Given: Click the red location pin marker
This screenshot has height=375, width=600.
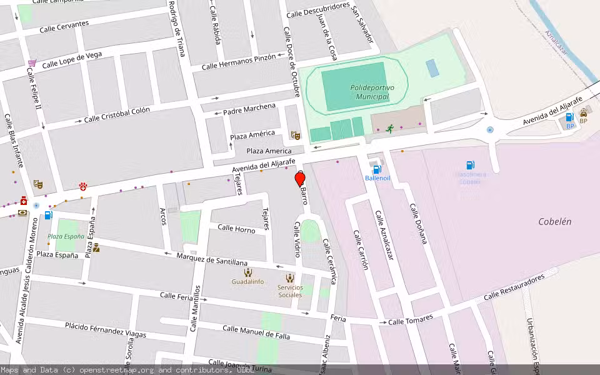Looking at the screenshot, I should tap(300, 179).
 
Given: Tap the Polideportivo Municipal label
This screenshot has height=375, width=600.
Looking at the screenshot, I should tap(372, 92).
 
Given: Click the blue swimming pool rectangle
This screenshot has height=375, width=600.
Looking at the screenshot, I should tap(432, 67).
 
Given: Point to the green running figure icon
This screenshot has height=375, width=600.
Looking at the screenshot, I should tap(390, 129).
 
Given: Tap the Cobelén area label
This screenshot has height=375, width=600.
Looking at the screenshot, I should tap(554, 222).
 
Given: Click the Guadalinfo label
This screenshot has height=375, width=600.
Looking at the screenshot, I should tap(247, 282).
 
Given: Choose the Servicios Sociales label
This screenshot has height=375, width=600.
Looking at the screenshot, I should tap(290, 291).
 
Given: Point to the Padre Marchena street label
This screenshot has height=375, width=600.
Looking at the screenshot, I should tap(249, 109).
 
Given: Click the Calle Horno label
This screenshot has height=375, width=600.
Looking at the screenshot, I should tap(236, 229).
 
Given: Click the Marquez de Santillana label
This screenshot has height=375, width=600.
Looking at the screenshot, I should tap(212, 259).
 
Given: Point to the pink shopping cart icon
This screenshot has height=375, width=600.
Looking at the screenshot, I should tap(32, 64).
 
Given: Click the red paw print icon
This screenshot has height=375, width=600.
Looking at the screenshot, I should tap(83, 187).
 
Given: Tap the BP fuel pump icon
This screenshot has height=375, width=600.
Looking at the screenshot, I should tap(569, 117).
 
